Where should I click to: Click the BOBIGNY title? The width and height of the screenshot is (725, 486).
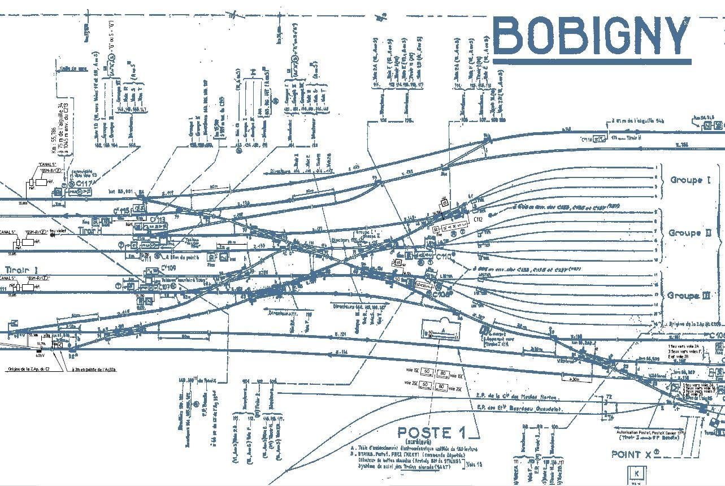click(592, 36)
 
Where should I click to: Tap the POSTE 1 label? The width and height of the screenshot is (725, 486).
click(432, 433)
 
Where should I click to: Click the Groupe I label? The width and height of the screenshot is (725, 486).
click(690, 180)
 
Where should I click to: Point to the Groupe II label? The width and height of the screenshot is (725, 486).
click(690, 233)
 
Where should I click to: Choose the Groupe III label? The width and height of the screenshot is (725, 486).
click(689, 296)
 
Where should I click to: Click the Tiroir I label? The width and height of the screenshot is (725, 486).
click(22, 270)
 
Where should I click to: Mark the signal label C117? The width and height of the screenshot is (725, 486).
click(84, 184)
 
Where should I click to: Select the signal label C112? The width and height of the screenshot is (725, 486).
click(477, 219)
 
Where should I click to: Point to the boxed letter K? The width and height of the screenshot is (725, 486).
click(637, 472)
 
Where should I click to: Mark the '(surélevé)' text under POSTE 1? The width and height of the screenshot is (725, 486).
click(423, 444)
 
